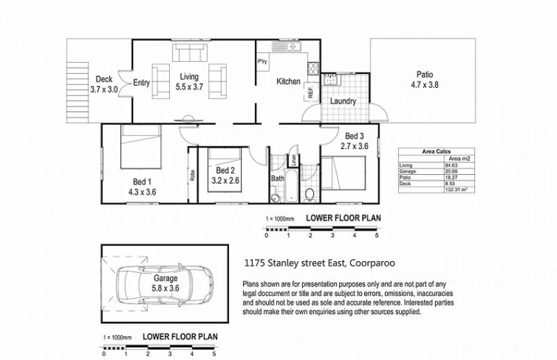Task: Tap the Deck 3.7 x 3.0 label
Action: [104, 84]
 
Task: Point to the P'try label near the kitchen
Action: [263, 62]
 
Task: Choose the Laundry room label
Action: [343, 101]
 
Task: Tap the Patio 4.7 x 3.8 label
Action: [425, 79]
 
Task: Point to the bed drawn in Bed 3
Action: [344, 174]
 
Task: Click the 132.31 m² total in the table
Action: [453, 189]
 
